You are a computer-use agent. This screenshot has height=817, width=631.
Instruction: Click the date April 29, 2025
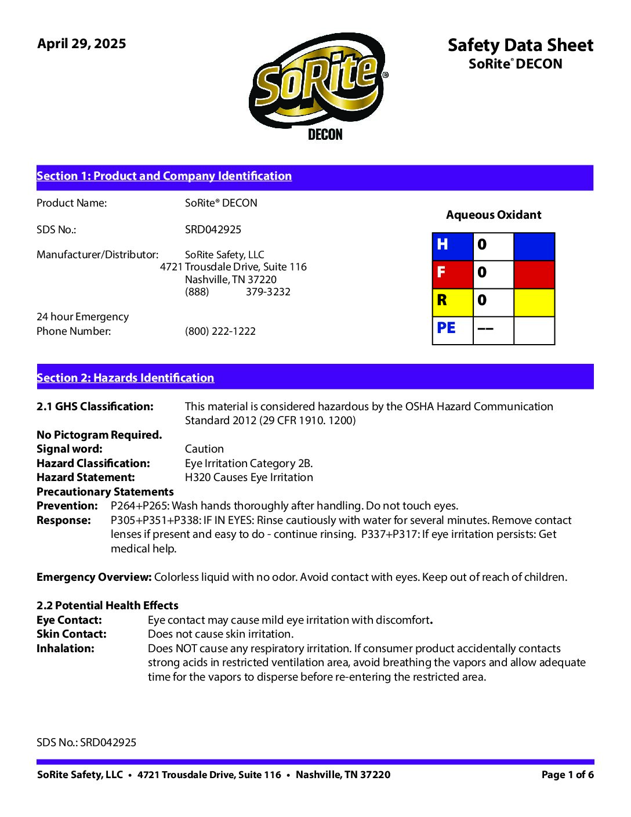82,44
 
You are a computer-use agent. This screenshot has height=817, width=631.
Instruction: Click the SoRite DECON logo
319,84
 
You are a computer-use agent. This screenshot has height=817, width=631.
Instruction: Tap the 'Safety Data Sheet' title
520,45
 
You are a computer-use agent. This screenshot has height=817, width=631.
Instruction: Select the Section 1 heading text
164,176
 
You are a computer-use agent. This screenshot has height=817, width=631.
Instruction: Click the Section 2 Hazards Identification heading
125,378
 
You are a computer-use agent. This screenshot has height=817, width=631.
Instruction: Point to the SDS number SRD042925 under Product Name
213,230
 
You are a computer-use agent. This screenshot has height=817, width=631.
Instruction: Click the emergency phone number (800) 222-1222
220,331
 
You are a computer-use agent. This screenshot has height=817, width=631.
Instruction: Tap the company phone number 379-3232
268,292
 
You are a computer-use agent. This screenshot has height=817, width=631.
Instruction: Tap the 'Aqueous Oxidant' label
494,215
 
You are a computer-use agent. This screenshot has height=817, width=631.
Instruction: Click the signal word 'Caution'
204,449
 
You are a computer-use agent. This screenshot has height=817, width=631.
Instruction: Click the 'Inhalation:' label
66,649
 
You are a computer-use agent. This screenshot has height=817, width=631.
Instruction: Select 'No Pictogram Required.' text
99,435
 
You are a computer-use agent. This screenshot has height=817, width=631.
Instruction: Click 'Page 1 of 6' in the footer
567,775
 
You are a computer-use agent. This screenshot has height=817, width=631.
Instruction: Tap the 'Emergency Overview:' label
94,577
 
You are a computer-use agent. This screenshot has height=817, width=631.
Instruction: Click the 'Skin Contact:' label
71,634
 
